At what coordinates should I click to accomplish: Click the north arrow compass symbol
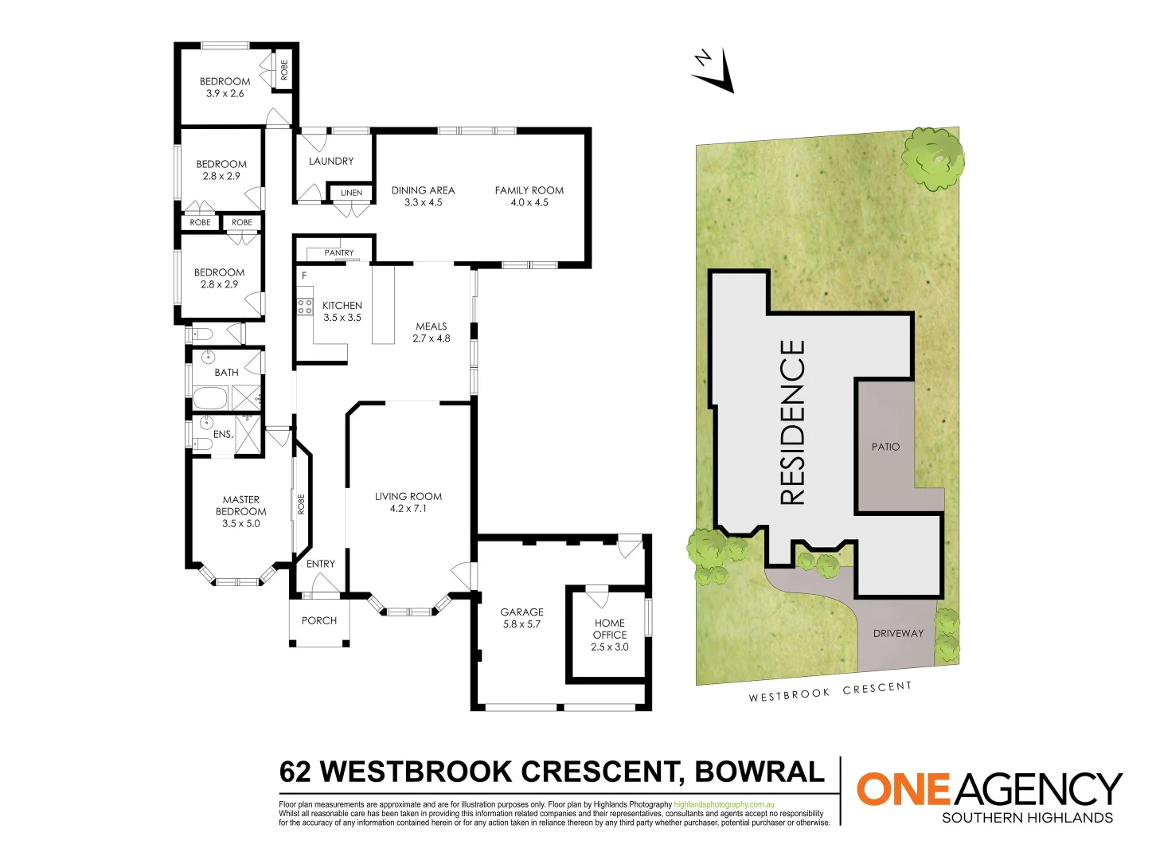[713, 70]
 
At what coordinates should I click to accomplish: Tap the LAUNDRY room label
[331, 161]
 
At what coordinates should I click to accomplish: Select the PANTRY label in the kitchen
[339, 253]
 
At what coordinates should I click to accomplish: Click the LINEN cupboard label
[351, 193]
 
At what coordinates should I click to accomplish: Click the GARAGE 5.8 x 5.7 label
[521, 618]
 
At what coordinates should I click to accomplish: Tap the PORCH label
[319, 620]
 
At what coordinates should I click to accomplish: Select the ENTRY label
[321, 564]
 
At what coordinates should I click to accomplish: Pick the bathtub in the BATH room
[211, 397]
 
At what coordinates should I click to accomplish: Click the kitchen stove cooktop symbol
[305, 307]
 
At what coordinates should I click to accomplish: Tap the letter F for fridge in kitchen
[304, 276]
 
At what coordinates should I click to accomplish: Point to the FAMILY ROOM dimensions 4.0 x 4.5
[529, 202]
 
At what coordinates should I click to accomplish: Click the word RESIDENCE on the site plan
[793, 423]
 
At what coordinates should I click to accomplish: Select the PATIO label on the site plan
[885, 447]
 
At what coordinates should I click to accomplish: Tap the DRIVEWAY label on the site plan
[898, 633]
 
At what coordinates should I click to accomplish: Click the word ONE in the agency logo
[904, 789]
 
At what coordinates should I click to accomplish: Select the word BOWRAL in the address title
[760, 772]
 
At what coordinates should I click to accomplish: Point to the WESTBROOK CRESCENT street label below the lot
[830, 691]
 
